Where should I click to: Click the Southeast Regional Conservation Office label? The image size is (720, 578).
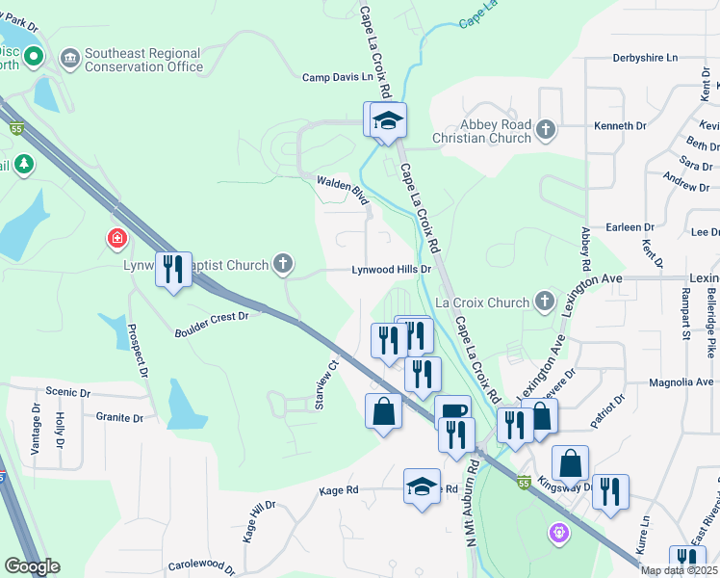coord(144,60)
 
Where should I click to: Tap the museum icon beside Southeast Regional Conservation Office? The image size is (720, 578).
coord(70,60)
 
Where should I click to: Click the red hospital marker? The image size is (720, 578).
coord(116,237)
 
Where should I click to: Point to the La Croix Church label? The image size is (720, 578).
coord(482,302)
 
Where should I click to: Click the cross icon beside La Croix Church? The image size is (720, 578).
coord(544,302)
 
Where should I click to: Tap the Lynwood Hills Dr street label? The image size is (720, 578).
coord(391,271)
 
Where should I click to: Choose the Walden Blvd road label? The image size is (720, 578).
coord(345,188)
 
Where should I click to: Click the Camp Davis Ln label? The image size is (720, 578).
coord(337,78)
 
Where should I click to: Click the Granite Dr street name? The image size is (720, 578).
coord(119,418)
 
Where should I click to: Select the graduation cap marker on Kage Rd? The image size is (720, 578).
coord(422,486)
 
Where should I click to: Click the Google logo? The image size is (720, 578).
coord(32,566)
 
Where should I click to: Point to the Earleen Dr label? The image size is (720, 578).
coord(630,227)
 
